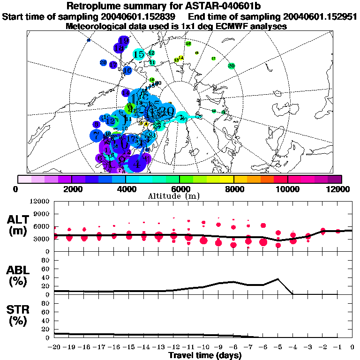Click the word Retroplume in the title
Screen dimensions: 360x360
(x=95, y=7)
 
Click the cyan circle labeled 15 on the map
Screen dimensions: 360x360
(x=138, y=54)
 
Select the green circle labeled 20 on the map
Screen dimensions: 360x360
(x=231, y=66)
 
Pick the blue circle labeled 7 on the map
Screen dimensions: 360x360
(x=96, y=136)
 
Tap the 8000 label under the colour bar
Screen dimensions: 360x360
(x=233, y=189)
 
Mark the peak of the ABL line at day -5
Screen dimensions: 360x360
(x=278, y=279)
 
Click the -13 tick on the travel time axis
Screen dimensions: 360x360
(x=158, y=347)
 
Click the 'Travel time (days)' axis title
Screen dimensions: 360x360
(x=205, y=356)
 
